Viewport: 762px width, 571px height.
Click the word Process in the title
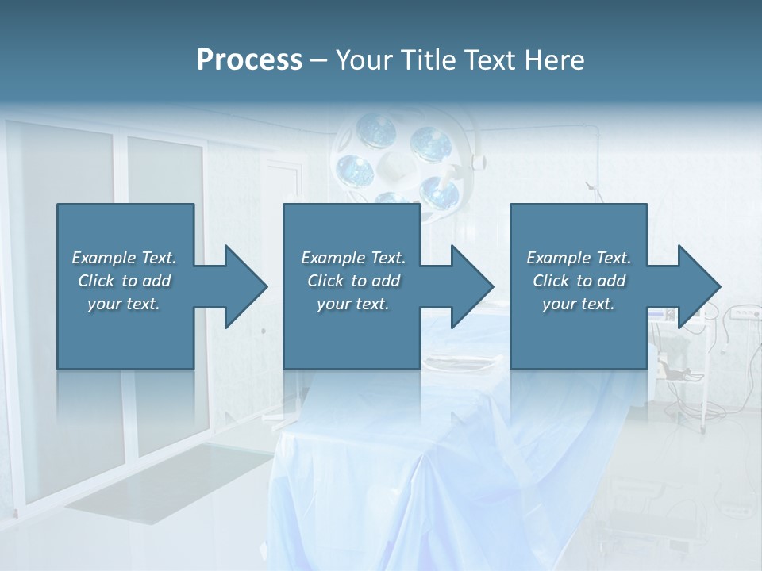(x=249, y=60)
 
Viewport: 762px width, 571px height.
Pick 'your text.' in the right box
(x=579, y=304)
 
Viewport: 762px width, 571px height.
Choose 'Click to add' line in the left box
(x=125, y=281)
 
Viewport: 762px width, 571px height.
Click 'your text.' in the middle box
(x=353, y=304)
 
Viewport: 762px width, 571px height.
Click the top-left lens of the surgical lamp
(x=375, y=129)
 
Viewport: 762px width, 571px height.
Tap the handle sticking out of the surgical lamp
(x=476, y=160)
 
